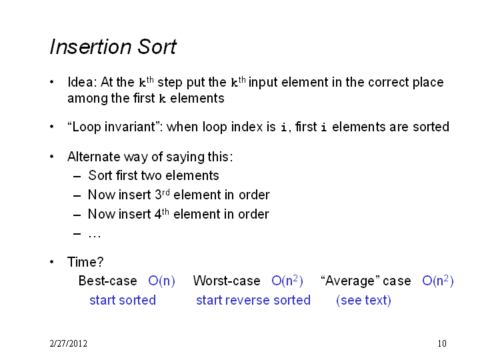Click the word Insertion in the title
(x=91, y=47)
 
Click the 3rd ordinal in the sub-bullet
(x=162, y=194)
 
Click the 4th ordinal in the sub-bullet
(x=161, y=213)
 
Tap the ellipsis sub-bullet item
(x=94, y=235)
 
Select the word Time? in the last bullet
(x=85, y=262)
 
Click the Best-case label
(x=108, y=281)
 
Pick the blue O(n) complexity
(x=161, y=281)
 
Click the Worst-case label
(x=227, y=281)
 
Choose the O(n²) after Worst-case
(x=287, y=281)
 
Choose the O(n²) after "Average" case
(x=438, y=281)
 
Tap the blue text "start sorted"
(x=123, y=300)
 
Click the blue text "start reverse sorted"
(x=253, y=300)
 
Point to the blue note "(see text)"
(x=364, y=300)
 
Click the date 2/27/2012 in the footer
(x=69, y=343)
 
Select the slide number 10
(x=442, y=343)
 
